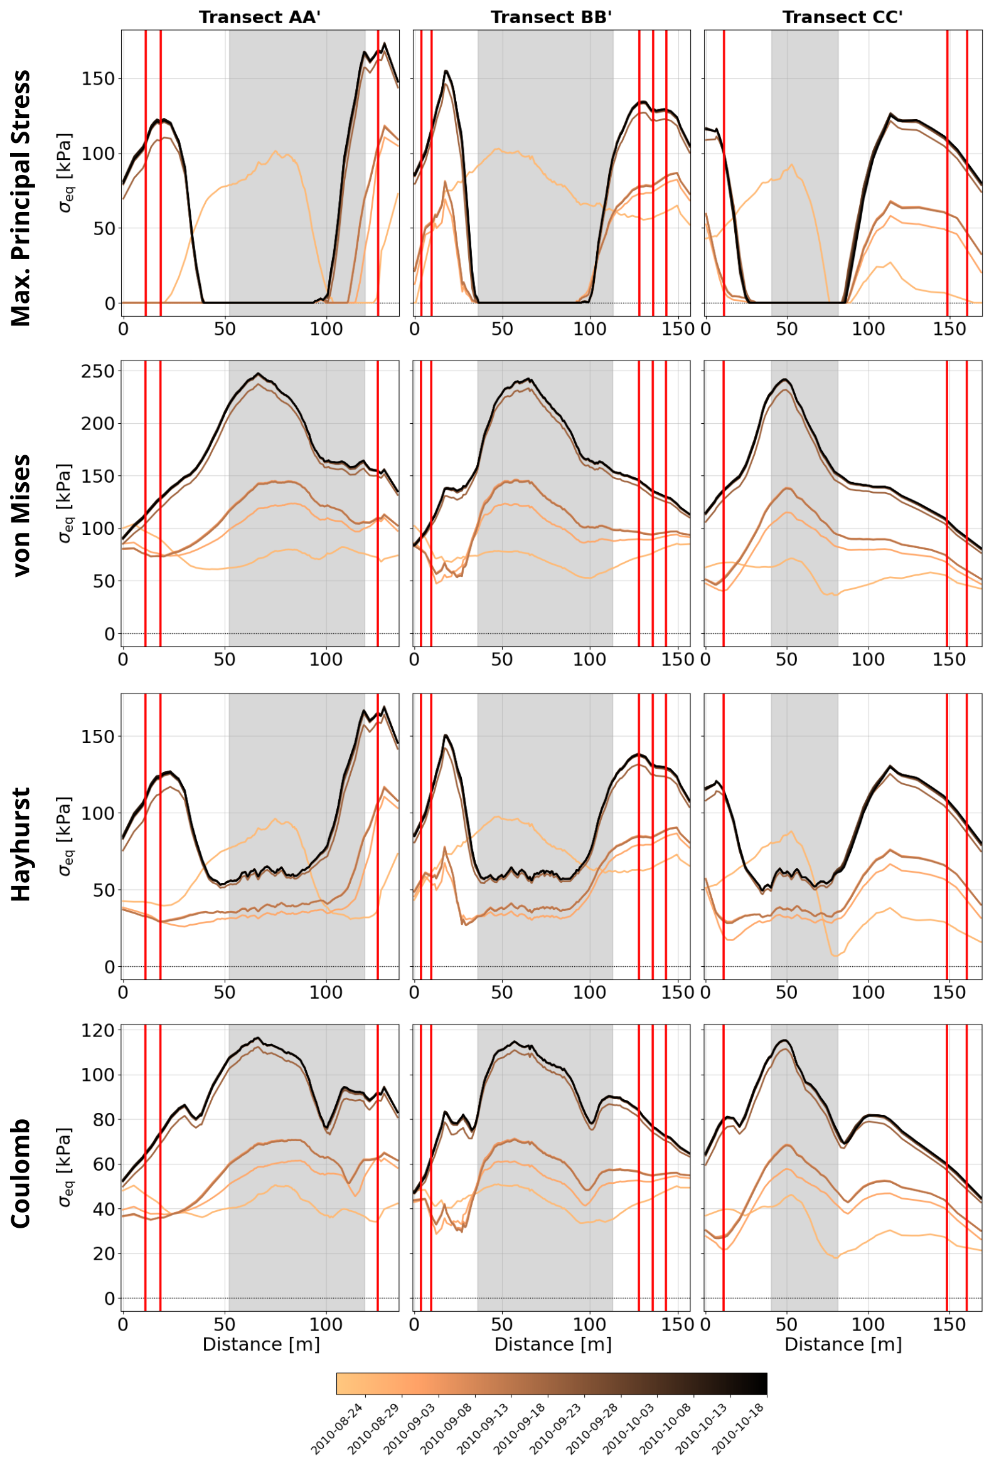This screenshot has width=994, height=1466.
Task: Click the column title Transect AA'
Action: pyautogui.click(x=259, y=18)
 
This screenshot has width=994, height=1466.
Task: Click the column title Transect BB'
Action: pyautogui.click(x=551, y=18)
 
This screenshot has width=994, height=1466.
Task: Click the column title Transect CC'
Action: pyautogui.click(x=842, y=18)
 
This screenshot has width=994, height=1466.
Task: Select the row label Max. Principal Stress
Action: pyautogui.click(x=21, y=198)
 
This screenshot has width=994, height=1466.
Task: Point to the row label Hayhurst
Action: pyautogui.click(x=21, y=844)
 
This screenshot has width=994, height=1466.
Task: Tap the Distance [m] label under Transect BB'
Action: pyautogui.click(x=552, y=1344)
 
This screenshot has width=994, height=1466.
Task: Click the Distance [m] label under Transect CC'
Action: pyautogui.click(x=843, y=1344)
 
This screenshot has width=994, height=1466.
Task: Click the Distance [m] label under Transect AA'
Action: pyautogui.click(x=260, y=1344)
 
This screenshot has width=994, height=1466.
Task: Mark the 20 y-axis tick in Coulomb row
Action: pyautogui.click(x=104, y=1253)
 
